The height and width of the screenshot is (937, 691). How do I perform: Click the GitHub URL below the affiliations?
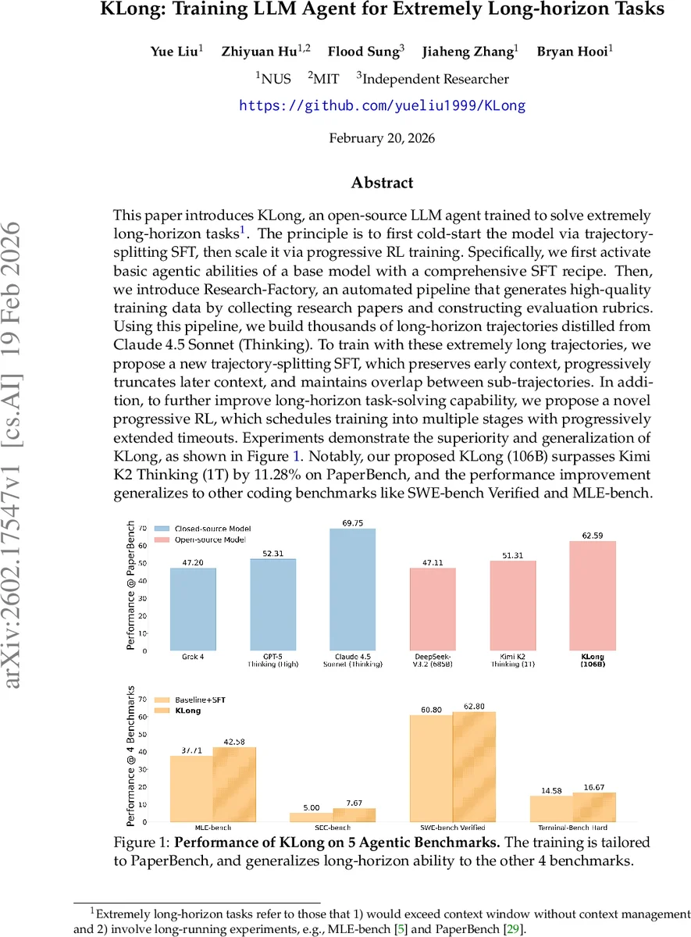(382, 105)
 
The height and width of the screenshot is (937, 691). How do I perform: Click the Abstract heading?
(382, 183)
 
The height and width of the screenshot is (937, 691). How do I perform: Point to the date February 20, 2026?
(382, 138)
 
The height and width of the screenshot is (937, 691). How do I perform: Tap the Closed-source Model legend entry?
(212, 529)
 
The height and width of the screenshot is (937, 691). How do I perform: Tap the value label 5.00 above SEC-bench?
(312, 807)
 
